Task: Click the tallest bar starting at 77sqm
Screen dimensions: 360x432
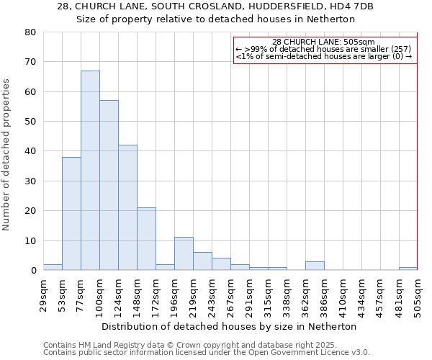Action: point(90,171)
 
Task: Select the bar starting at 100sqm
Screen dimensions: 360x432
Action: point(109,185)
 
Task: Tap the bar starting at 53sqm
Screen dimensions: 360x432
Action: point(71,214)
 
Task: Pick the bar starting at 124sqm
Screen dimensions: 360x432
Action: point(127,207)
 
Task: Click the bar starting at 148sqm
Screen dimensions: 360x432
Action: point(146,239)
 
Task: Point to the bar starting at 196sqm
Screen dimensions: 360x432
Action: point(184,254)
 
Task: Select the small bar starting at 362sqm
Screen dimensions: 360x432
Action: point(315,266)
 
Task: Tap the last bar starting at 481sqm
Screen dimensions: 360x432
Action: point(408,269)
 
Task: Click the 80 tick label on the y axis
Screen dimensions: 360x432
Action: point(30,32)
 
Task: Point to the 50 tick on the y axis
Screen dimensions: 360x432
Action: point(30,122)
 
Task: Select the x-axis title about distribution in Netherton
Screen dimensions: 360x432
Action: point(229,326)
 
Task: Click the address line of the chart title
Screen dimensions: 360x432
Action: point(215,6)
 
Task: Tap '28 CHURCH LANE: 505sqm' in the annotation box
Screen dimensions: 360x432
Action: point(324,42)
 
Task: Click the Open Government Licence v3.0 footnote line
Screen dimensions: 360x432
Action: point(207,353)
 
